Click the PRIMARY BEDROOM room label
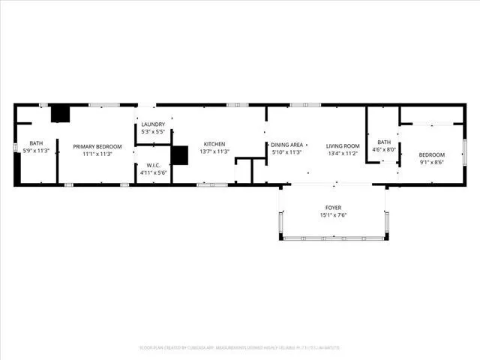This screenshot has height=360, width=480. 97,146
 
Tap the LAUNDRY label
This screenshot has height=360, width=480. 153,124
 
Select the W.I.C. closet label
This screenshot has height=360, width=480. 153,166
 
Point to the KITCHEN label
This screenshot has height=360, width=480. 214,144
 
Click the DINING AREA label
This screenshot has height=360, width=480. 286,144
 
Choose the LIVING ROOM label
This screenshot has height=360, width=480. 343,145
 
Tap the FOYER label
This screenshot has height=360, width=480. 333,208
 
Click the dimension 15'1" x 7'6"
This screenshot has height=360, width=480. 333,215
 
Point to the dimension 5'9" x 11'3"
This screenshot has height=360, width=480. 36,151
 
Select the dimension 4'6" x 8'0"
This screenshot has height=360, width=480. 384,149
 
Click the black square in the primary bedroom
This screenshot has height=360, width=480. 60,113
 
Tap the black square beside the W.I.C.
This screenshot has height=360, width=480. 179,154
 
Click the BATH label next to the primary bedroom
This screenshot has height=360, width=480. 36,143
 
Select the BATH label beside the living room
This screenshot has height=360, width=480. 384,142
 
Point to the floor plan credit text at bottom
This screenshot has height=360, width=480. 240,347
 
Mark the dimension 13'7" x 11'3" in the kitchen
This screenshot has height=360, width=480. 214,151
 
